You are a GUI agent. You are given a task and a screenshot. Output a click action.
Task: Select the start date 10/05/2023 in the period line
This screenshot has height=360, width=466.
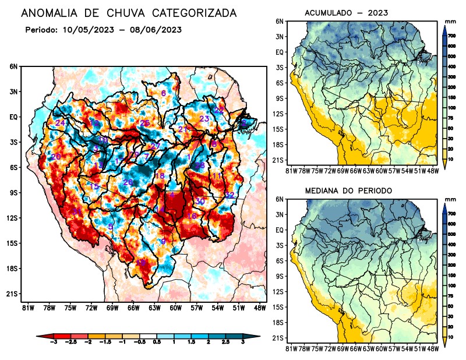pos(84,29)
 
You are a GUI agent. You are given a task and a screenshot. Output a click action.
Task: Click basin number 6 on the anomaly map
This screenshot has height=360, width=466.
pos(164,93)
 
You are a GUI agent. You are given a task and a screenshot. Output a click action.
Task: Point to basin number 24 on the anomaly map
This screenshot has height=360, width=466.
pos(60,123)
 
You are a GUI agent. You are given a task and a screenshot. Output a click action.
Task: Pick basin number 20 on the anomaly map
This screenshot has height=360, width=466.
pos(56,157)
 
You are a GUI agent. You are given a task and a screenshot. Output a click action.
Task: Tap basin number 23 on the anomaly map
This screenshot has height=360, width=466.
pos(204,119)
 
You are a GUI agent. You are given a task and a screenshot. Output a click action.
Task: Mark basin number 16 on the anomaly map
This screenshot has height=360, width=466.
pos(191,216)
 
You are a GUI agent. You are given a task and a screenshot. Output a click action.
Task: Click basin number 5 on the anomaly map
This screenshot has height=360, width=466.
pos(111,226)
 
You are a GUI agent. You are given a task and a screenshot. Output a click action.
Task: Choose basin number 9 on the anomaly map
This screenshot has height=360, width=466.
pos(164,241)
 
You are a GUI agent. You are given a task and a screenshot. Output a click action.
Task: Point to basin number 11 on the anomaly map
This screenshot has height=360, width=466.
pos(216,175)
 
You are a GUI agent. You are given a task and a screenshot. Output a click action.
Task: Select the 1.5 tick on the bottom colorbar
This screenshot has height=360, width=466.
pos(192,342)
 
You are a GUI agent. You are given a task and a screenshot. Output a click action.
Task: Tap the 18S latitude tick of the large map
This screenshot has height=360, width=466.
pos(13,269)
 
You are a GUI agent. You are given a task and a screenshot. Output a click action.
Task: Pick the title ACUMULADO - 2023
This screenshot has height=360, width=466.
pos(347,12)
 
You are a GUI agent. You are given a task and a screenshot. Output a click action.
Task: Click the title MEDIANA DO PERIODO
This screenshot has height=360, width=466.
pos(348,190)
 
